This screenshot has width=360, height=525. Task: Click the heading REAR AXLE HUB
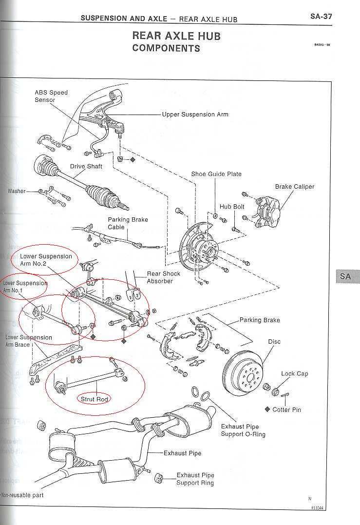pos(176,36)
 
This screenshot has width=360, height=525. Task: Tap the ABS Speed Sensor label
pos(51,96)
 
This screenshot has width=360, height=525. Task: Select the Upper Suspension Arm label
pos(195,115)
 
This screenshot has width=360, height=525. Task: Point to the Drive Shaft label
pos(86,166)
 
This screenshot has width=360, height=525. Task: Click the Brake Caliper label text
pos(295,187)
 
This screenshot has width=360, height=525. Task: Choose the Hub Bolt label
pos(232,207)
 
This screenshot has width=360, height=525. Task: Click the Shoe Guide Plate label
pos(216,174)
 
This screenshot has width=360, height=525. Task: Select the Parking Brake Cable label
pos(128,223)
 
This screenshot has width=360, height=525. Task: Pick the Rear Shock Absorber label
pos(163,277)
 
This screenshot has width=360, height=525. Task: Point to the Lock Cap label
pos(295,374)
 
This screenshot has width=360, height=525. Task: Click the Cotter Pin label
pos(286,409)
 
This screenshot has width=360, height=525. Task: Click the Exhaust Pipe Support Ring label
pos(195,479)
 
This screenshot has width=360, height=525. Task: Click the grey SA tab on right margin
pos(345,276)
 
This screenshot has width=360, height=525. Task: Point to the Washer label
pos(17,191)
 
